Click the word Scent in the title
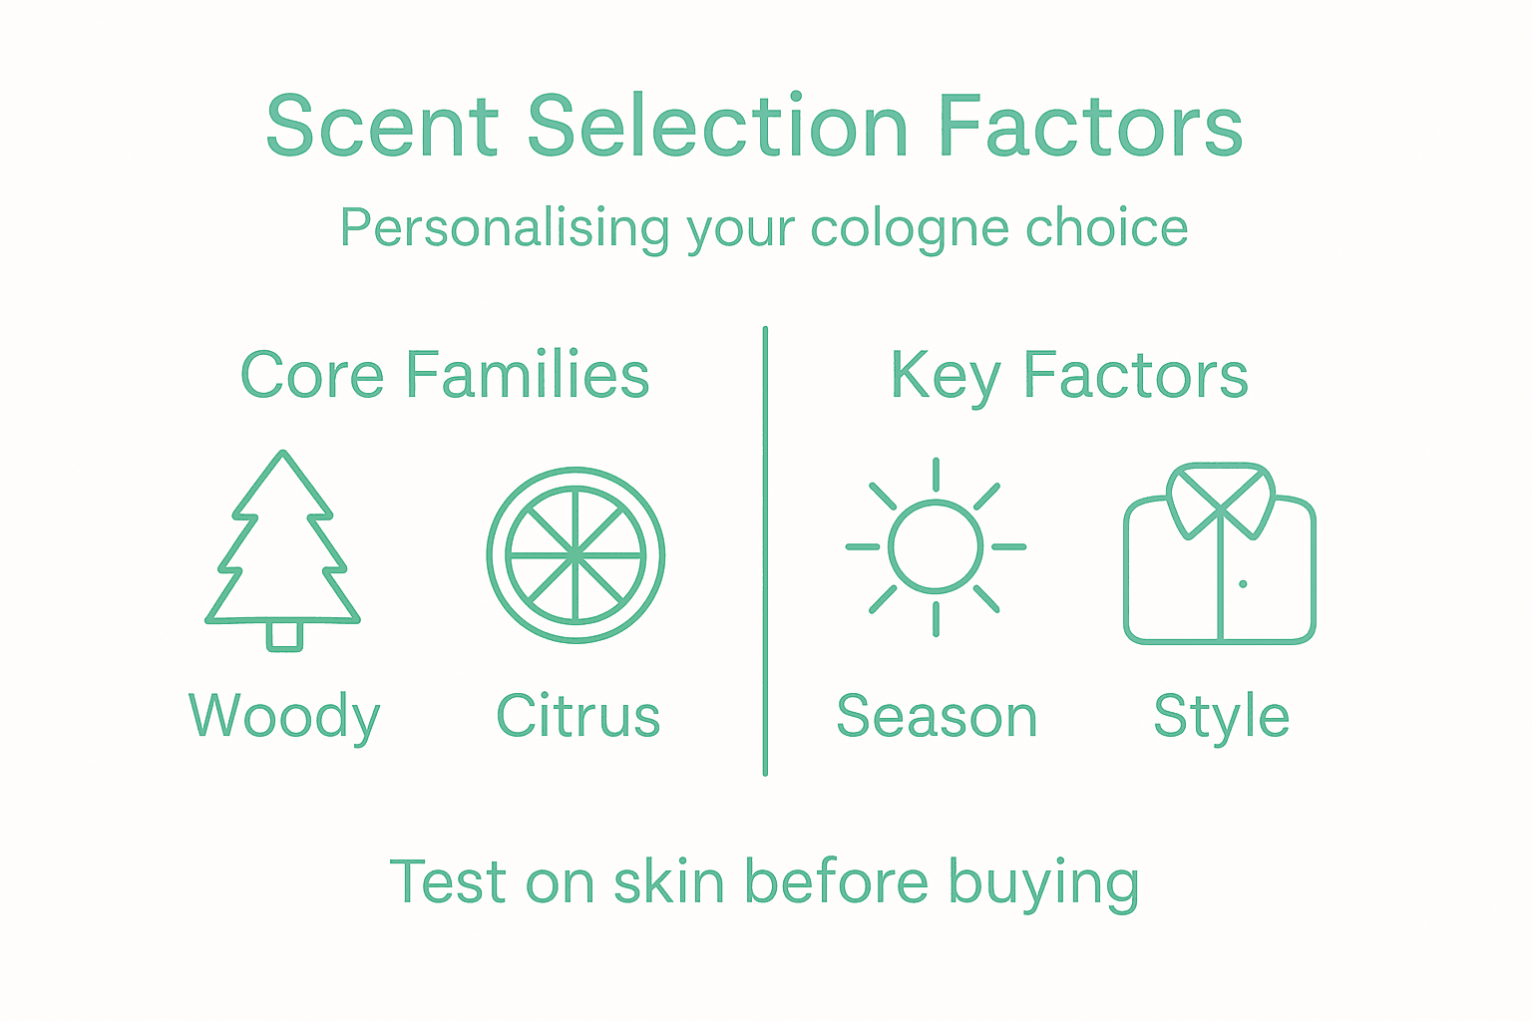pos(382,127)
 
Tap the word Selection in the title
pos(717,127)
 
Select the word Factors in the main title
pos(1091,127)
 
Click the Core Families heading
pos(445,376)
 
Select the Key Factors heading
pos(1068,376)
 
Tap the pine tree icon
pos(283,548)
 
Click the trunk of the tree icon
pos(284,635)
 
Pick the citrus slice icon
pos(575,554)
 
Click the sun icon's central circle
pos(935,546)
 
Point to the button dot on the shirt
pos(1243,583)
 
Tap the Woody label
pos(284,717)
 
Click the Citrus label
pos(578,717)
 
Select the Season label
pos(937,717)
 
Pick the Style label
pos(1221,717)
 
